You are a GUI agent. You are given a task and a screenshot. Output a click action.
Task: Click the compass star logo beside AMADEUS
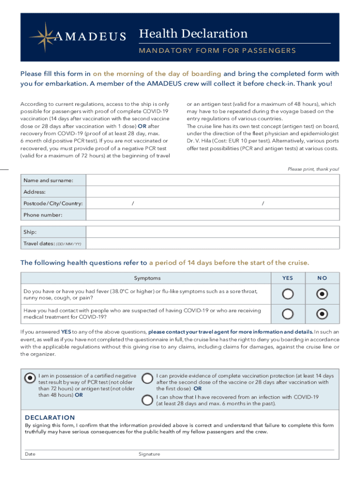coord(42,36)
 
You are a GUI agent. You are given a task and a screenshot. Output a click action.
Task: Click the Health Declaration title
coord(193,34)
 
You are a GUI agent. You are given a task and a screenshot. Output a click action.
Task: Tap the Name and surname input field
coord(213,180)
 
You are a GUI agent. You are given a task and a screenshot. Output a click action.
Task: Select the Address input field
coord(213,192)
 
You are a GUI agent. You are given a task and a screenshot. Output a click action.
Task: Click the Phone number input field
coord(213,215)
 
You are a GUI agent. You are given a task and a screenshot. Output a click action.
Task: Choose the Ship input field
coord(213,232)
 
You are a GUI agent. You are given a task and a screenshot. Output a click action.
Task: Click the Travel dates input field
coord(213,244)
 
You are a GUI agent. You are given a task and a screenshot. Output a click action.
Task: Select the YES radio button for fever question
coord(288,294)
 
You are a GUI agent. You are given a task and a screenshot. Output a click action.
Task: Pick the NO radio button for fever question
coord(322,294)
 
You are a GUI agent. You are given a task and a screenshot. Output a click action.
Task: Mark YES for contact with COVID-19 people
coord(288,314)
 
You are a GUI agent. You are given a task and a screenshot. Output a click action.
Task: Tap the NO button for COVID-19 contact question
coord(322,314)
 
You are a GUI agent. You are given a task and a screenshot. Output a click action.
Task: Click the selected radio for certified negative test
coord(30,378)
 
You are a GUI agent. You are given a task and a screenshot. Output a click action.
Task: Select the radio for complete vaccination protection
coord(147,378)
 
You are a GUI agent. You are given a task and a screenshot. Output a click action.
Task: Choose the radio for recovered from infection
coord(147,399)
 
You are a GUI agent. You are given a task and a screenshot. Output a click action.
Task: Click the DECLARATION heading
coord(50,417)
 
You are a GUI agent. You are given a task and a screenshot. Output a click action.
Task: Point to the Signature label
coord(149,454)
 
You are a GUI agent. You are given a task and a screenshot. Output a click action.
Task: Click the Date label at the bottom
coord(30,454)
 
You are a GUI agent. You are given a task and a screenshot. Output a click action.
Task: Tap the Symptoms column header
coord(147,278)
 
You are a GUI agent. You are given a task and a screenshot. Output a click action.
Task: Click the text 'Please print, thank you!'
coord(313,169)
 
